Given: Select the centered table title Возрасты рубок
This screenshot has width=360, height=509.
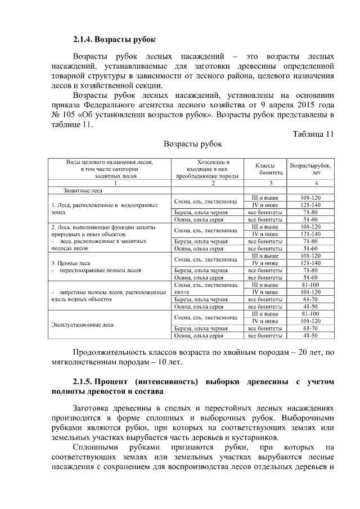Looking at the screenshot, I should (x=192, y=145).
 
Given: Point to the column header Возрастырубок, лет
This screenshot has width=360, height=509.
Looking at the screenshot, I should (x=310, y=169).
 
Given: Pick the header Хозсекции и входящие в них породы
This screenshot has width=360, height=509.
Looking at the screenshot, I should (x=209, y=169).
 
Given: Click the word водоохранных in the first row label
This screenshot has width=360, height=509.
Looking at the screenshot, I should (x=139, y=206).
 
